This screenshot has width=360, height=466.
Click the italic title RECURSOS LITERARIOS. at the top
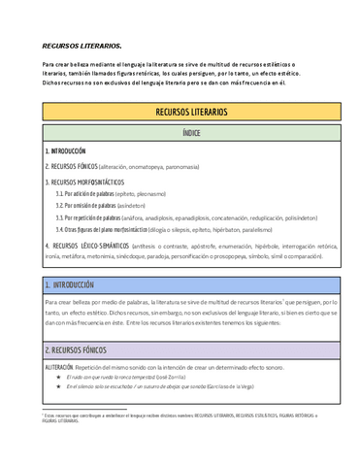[x=82, y=46]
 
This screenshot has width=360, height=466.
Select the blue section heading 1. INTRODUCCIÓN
[x=73, y=285]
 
